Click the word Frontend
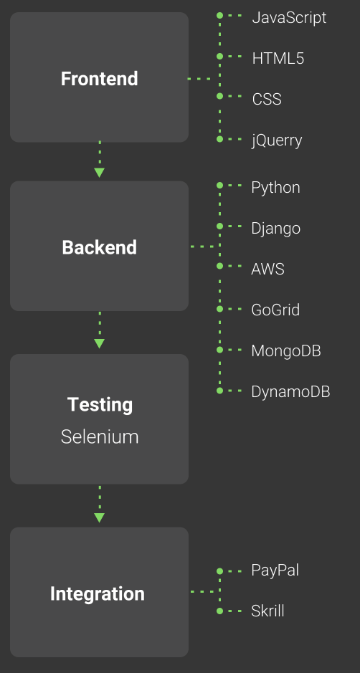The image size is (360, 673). click(x=99, y=79)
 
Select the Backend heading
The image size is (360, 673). click(x=99, y=248)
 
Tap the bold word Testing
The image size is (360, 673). click(x=100, y=405)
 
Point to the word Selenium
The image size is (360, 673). click(x=100, y=437)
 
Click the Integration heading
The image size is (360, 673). click(x=98, y=594)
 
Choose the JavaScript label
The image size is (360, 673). click(x=289, y=18)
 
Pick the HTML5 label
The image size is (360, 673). click(x=278, y=58)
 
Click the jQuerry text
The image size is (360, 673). click(x=277, y=140)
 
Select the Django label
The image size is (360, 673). click(x=276, y=229)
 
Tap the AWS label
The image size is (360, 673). click(x=267, y=269)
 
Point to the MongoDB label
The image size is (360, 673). click(x=286, y=351)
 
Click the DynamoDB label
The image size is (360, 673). click(x=290, y=392)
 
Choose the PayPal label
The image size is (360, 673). click(x=275, y=571)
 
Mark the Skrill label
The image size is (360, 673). click(x=267, y=611)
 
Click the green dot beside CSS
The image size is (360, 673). click(x=220, y=96)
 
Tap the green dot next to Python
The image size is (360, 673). click(x=220, y=186)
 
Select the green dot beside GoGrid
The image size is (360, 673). click(x=220, y=309)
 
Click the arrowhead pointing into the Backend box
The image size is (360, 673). click(x=99, y=173)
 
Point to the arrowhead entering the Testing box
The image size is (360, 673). click(x=99, y=343)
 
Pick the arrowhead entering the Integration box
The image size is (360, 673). click(x=99, y=517)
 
